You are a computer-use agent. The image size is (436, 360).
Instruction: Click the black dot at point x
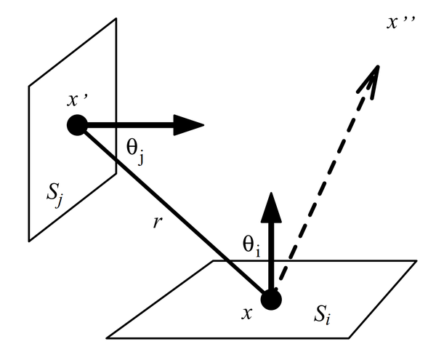point(271,299)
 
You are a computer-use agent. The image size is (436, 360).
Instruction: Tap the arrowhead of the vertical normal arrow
point(271,207)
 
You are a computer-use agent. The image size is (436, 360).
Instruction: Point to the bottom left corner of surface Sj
point(29,240)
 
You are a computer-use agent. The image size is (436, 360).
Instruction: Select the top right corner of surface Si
point(417,260)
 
